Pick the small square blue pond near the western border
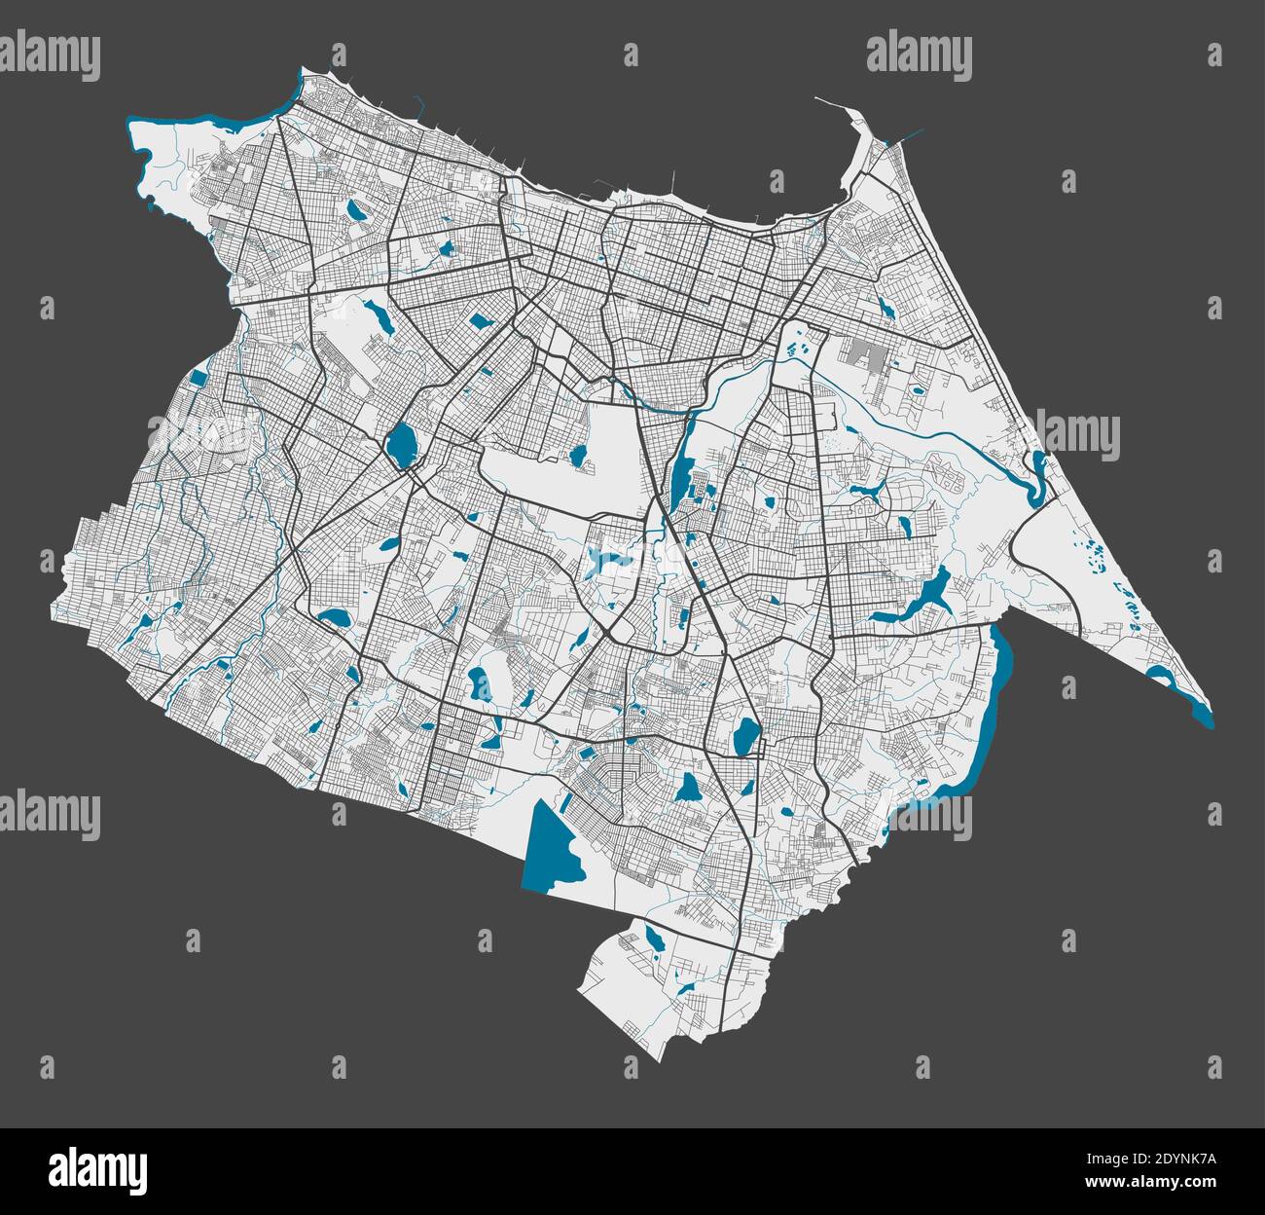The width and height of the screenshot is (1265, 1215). coord(199,379)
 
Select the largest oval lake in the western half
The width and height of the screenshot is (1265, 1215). coord(399,443)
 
